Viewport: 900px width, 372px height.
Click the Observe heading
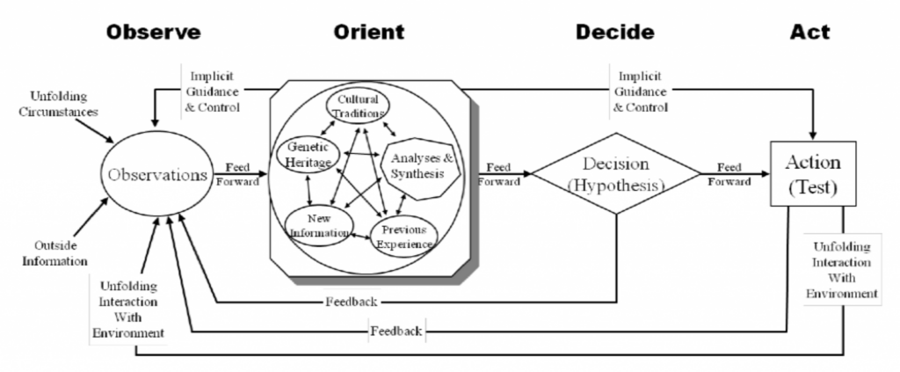point(153,33)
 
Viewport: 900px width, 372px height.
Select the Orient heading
point(368,33)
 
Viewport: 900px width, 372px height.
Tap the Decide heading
point(614,33)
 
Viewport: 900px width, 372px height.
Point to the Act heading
point(809,33)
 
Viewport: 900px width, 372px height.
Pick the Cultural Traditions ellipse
point(359,106)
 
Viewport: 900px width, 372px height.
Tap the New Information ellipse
point(318,226)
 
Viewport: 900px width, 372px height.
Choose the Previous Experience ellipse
point(403,236)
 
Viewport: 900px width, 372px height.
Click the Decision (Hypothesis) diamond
point(615,174)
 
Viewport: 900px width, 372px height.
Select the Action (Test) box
point(813,172)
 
